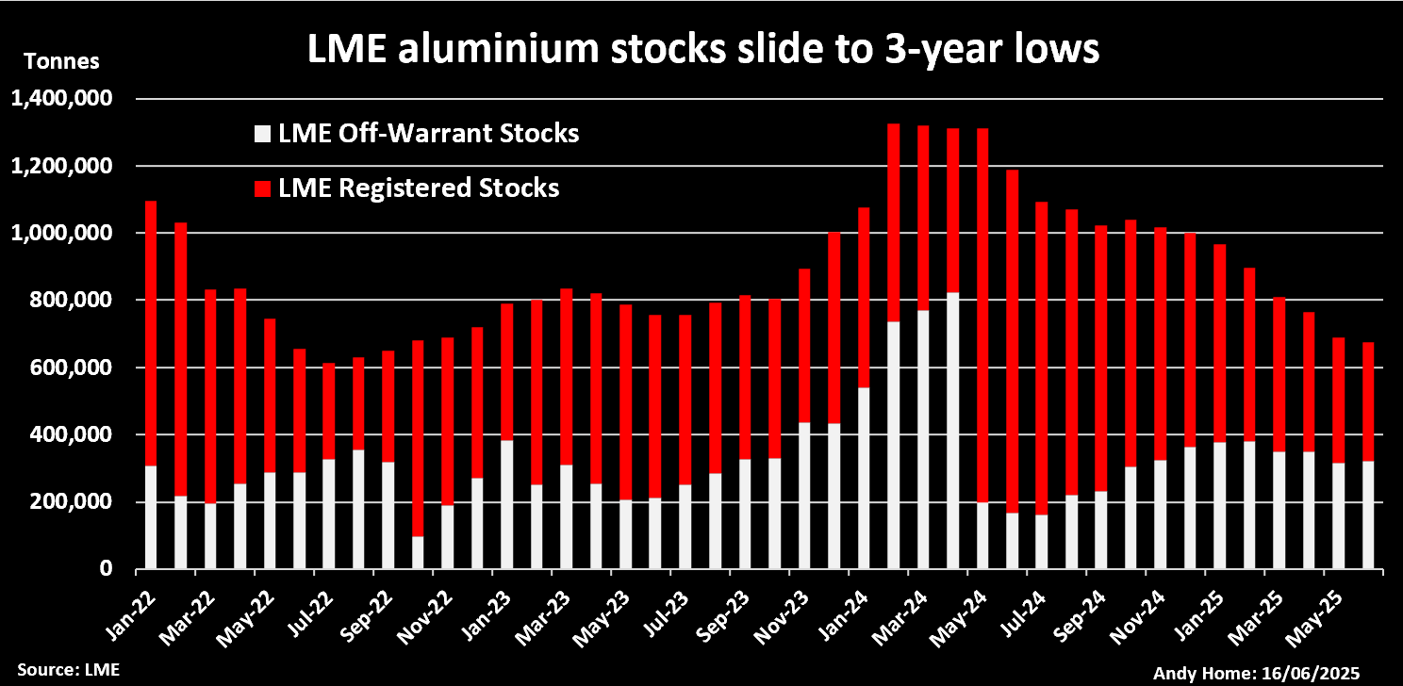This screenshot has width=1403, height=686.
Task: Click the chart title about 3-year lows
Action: click(703, 50)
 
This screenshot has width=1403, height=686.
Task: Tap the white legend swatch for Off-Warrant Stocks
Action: click(262, 134)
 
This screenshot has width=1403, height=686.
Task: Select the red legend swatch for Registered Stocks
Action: click(262, 188)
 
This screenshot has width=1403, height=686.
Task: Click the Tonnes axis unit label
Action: click(60, 63)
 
